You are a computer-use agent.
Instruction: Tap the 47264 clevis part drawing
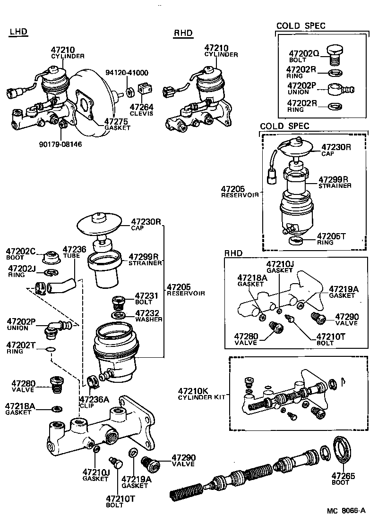[x=145, y=88]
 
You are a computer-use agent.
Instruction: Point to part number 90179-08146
[x=60, y=144]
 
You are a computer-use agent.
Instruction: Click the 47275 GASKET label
[x=117, y=124]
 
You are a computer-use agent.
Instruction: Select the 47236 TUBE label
[x=74, y=252]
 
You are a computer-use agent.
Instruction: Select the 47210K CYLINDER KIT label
[x=200, y=394]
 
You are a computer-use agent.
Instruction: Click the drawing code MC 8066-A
[x=346, y=511]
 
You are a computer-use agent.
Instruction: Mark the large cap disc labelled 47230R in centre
[x=99, y=225]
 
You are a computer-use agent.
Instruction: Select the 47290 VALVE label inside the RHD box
[x=347, y=320]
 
